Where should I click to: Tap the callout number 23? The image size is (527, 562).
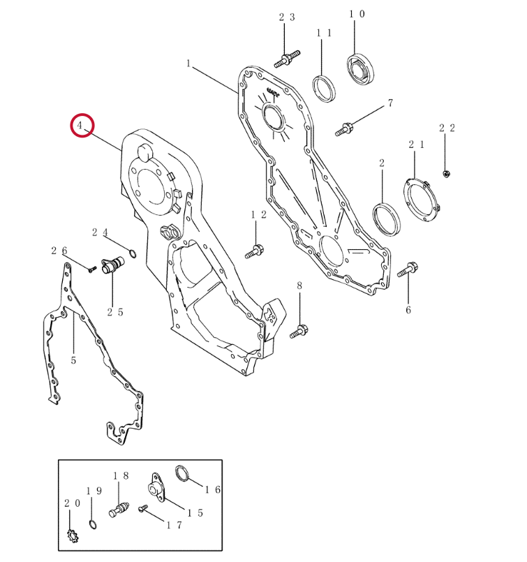[x=287, y=17]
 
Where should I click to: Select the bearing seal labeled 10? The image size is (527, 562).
[x=360, y=70]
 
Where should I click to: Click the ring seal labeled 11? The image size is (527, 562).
[x=324, y=89]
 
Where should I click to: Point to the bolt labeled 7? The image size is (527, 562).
[x=344, y=129]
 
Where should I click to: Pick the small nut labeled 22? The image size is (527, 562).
[x=447, y=174]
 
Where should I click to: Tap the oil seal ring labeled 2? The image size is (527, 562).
[x=386, y=219]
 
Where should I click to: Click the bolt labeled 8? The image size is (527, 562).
[x=299, y=331]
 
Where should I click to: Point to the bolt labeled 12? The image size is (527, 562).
[x=254, y=251]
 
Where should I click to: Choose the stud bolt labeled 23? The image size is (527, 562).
[x=287, y=59]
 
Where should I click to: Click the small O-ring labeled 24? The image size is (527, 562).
[x=132, y=254]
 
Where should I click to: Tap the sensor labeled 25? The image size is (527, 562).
[x=112, y=265]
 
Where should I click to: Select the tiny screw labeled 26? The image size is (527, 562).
[x=92, y=269]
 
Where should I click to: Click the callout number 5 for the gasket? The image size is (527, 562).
[x=73, y=360]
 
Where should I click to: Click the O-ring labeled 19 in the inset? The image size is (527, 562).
[x=92, y=524]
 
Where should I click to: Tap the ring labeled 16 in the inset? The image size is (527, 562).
[x=182, y=473]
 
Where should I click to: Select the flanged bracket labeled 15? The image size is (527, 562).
[x=156, y=487]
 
